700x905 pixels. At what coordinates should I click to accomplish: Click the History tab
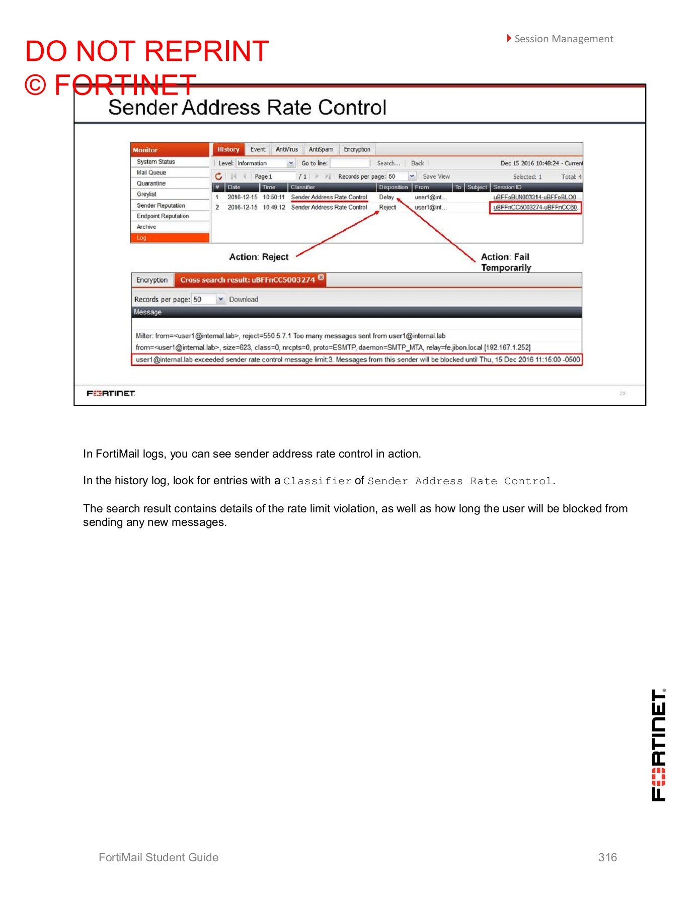[228, 149]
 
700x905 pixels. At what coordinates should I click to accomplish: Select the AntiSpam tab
[321, 149]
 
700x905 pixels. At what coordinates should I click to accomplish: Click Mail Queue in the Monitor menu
[151, 172]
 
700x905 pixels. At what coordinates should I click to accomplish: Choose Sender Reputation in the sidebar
[161, 205]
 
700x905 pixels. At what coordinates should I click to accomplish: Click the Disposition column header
[394, 187]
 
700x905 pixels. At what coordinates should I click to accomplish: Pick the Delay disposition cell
[386, 197]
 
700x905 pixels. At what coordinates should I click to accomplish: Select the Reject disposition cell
[387, 207]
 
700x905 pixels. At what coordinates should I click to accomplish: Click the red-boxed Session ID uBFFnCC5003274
[535, 208]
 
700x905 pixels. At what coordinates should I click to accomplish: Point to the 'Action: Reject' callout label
[259, 257]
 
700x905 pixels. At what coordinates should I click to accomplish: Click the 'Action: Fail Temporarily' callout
[506, 262]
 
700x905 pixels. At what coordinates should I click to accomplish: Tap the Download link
[244, 299]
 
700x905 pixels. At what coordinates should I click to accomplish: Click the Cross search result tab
[248, 280]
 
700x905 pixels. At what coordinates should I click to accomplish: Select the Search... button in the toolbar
[388, 163]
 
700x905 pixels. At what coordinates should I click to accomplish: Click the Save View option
[436, 176]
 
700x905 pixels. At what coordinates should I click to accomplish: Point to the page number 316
[607, 857]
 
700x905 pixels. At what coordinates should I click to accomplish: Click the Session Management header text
[564, 39]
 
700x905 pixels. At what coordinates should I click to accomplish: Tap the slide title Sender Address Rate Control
[248, 108]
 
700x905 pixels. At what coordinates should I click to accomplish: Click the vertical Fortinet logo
[659, 745]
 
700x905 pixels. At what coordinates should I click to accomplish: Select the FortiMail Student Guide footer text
[159, 857]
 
